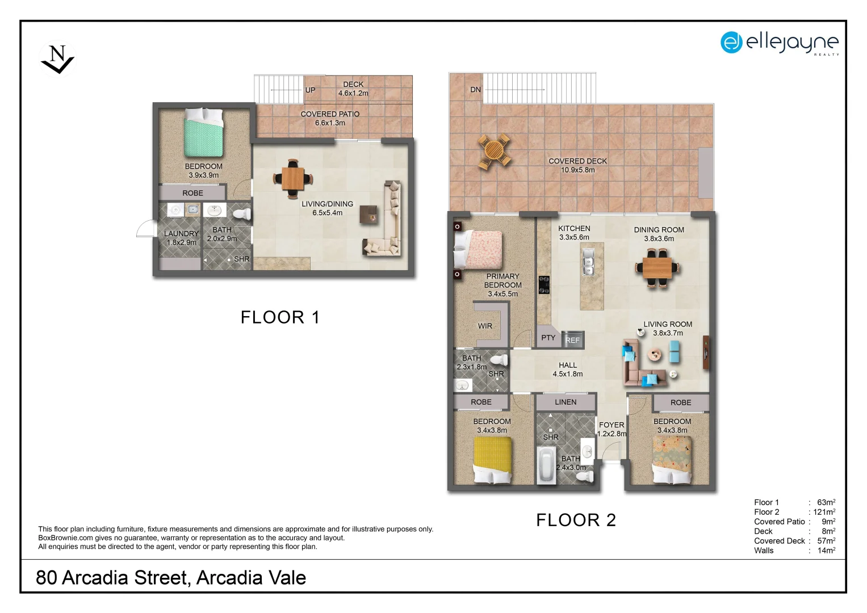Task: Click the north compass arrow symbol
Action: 57,59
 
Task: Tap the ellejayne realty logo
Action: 779,43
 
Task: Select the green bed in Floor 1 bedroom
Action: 203,133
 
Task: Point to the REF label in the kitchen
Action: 572,340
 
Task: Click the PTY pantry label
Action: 548,338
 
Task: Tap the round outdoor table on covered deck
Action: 493,152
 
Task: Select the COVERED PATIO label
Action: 330,114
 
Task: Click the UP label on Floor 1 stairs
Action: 310,90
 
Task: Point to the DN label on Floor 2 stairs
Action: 475,90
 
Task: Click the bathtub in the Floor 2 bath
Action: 546,465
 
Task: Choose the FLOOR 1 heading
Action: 280,317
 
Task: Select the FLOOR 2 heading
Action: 576,520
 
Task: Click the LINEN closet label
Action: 565,402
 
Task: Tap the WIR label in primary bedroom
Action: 485,326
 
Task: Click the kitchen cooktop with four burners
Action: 544,285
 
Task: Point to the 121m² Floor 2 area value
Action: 824,512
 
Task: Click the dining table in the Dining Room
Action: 657,268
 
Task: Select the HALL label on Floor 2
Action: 567,366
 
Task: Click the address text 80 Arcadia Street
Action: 170,578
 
